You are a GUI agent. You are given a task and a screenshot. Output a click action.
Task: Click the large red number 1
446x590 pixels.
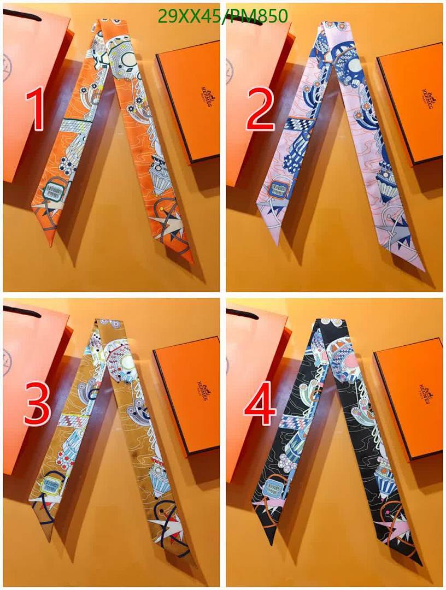pos(36,111)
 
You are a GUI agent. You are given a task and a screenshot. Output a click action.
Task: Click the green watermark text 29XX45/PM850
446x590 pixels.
pos(222,16)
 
